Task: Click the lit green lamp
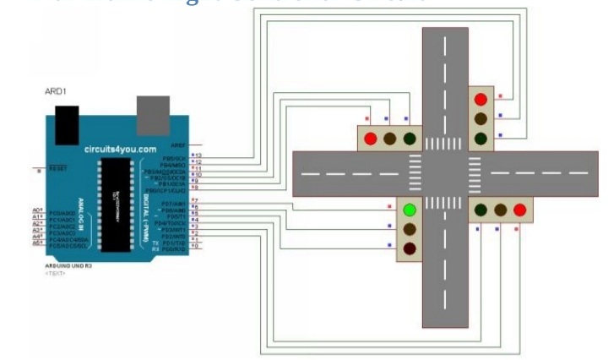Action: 410,210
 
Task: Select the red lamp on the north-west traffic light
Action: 369,138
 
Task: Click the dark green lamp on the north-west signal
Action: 410,138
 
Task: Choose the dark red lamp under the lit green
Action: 410,248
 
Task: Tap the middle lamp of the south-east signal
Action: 501,210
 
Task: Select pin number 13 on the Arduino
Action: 198,157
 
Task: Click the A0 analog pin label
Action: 38,209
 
